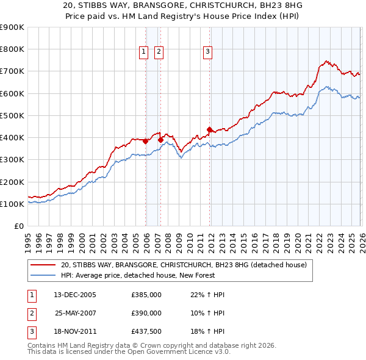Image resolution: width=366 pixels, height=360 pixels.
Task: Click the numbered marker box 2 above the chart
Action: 159,52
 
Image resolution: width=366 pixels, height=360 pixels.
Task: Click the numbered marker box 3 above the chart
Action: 207,52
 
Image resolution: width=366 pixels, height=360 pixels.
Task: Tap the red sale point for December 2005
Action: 146,141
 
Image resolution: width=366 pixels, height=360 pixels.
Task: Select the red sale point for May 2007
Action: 161,140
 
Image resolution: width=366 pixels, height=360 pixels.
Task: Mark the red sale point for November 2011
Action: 209,129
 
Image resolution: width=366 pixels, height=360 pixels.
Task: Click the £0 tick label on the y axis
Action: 18,226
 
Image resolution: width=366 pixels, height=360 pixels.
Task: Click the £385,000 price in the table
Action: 146,295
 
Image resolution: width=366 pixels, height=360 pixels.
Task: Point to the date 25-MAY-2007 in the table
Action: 75,312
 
